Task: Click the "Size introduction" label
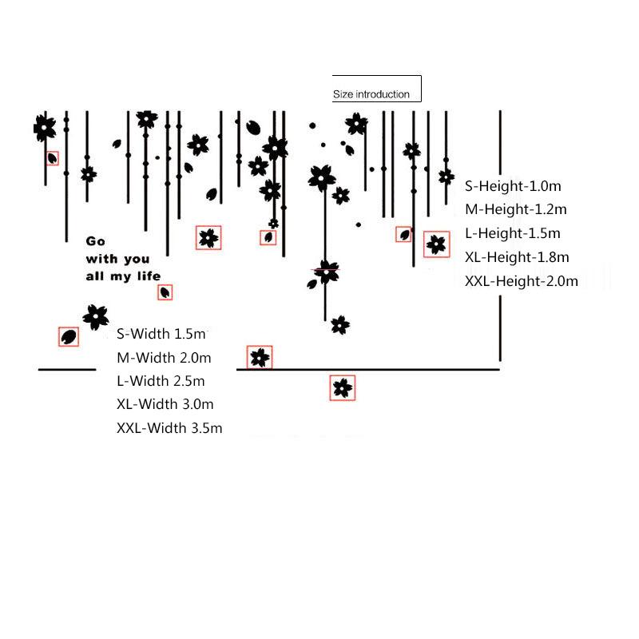click(371, 94)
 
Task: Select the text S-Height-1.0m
click(513, 186)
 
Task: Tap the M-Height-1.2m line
click(515, 209)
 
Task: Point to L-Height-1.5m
click(512, 233)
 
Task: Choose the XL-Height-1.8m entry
click(517, 257)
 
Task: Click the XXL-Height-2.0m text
click(522, 281)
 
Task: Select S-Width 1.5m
click(161, 334)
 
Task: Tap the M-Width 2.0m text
click(164, 358)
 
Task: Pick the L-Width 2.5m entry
click(161, 381)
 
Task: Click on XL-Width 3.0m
click(165, 404)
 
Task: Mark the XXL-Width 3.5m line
click(169, 428)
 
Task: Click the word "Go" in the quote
click(96, 241)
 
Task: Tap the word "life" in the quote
click(149, 276)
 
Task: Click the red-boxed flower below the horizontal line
click(343, 387)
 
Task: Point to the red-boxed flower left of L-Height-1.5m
click(436, 244)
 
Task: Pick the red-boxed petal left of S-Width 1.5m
click(69, 336)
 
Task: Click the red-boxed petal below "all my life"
click(165, 292)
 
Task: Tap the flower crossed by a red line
click(327, 271)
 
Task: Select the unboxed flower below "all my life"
click(96, 316)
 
